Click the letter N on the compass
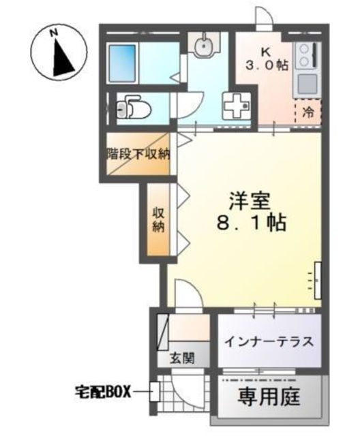pos(54,32)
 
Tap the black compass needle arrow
pos(62,59)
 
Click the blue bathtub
pos(123,63)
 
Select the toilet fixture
pos(133,108)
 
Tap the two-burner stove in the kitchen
pos(306,56)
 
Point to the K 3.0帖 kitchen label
pos(266,59)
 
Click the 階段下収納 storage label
pos(138,154)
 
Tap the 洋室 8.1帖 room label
pos(251,212)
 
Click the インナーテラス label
pos(269,342)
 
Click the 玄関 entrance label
pos(182,358)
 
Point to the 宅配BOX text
pos(103,392)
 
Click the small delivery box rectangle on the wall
pos(154,392)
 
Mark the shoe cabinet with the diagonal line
pos(163,332)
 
